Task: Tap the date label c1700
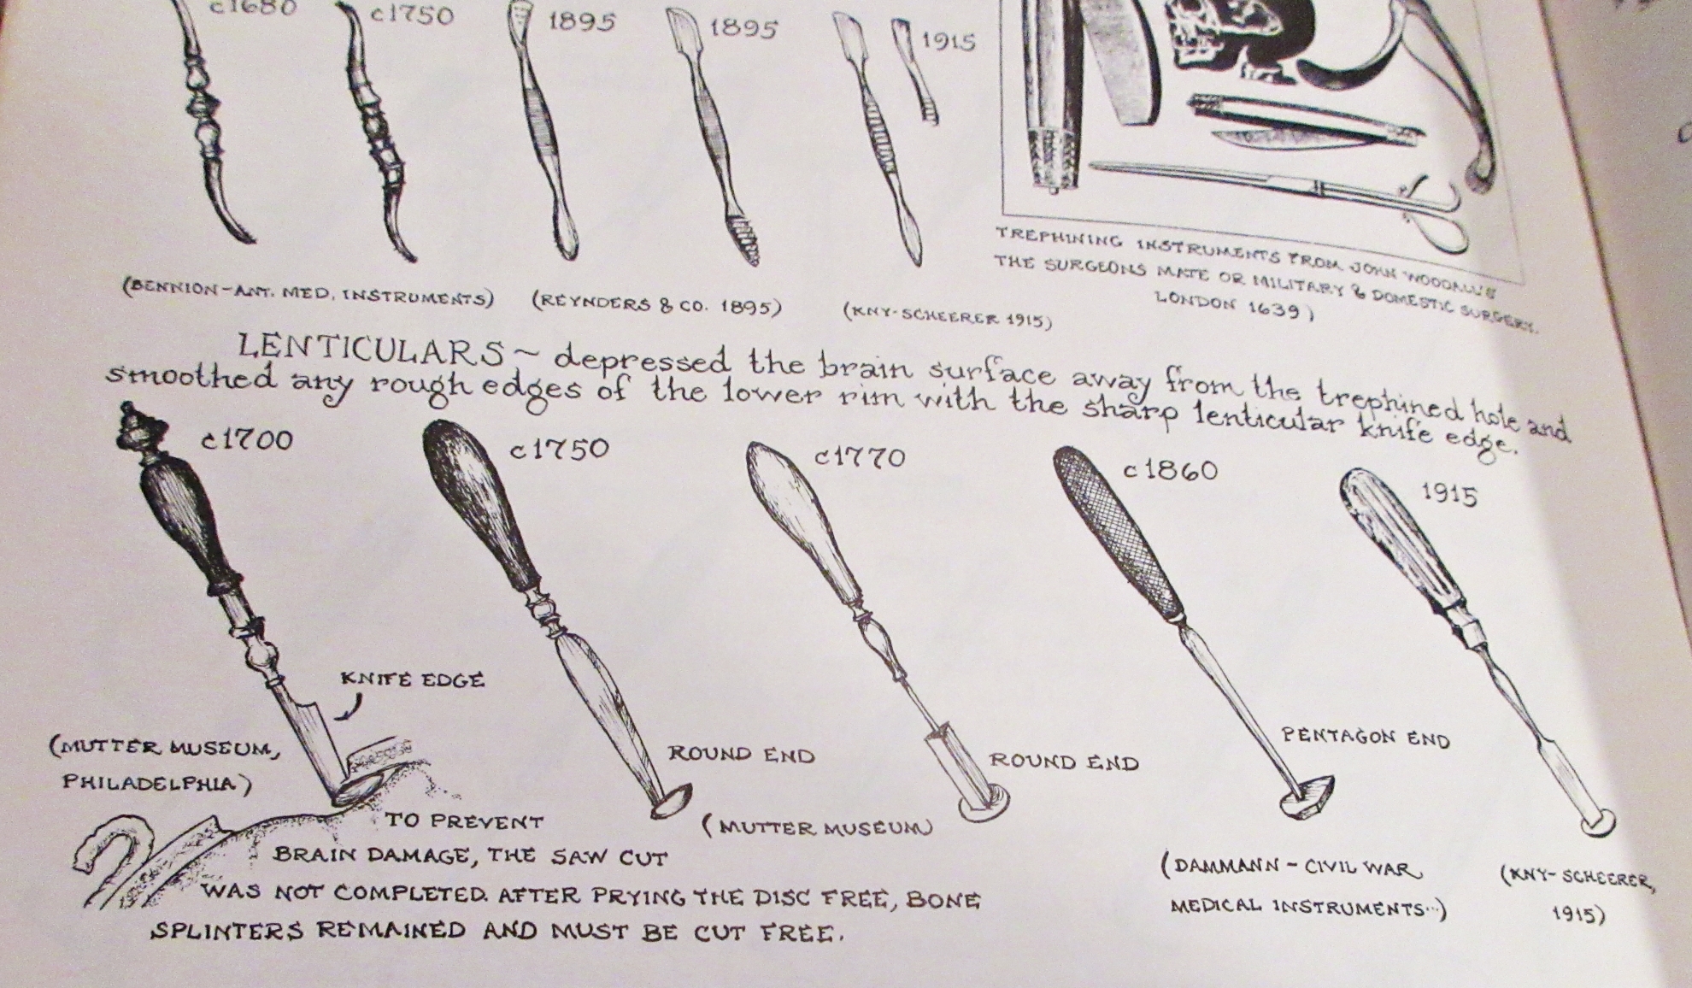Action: pos(248,439)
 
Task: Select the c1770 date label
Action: pos(860,457)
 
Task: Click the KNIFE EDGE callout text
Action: pos(413,679)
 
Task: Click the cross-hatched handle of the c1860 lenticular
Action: pos(1116,530)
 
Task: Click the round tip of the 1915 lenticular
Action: pos(1595,822)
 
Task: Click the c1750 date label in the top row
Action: pos(412,15)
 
